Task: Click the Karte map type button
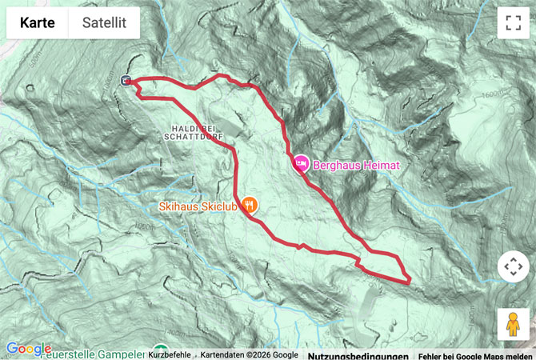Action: pyautogui.click(x=38, y=23)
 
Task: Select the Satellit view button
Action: pyautogui.click(x=104, y=23)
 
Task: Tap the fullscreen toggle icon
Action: pyautogui.click(x=513, y=23)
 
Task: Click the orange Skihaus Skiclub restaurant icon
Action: pyautogui.click(x=250, y=205)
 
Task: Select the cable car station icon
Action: pyautogui.click(x=126, y=79)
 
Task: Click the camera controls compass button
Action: pyautogui.click(x=513, y=266)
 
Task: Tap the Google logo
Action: pyautogui.click(x=28, y=349)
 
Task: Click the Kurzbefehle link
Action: pyautogui.click(x=170, y=354)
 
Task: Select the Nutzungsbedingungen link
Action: pyautogui.click(x=358, y=354)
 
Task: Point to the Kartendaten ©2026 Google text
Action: pyautogui.click(x=249, y=354)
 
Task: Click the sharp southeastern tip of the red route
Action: pyautogui.click(x=409, y=281)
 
